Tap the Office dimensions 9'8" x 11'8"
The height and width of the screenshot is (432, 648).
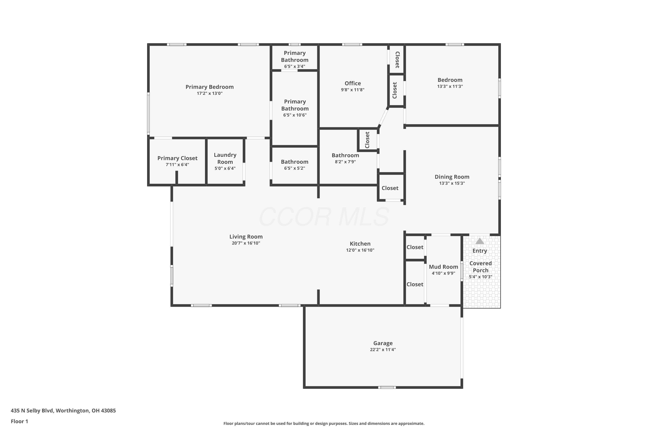[353, 90]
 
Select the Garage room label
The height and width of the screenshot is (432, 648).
[383, 343]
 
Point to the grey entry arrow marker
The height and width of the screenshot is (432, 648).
[480, 241]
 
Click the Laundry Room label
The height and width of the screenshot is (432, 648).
[225, 158]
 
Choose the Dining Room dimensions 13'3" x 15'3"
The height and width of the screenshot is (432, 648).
[452, 183]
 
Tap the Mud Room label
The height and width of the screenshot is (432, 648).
[443, 267]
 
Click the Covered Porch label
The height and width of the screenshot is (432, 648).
[480, 267]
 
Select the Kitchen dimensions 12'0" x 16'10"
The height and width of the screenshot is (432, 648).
[360, 250]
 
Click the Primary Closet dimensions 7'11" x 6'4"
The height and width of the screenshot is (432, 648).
[177, 164]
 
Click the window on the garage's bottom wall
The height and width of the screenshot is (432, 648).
[387, 387]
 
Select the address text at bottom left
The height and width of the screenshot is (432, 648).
[63, 411]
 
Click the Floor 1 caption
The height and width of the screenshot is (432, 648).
[19, 421]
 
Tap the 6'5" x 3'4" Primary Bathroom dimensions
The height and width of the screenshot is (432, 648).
[295, 66]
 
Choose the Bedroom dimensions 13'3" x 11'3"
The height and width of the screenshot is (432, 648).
[450, 86]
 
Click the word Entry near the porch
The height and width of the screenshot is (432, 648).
[480, 251]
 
